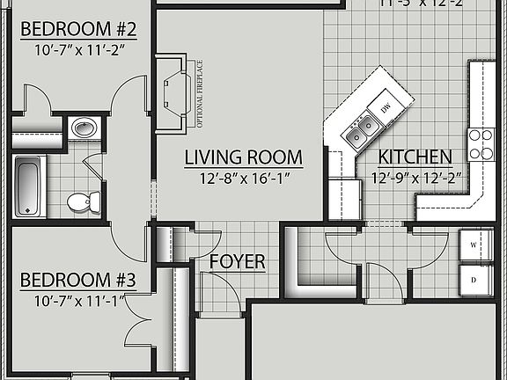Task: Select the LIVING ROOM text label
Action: tap(243, 158)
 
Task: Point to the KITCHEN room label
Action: tap(415, 158)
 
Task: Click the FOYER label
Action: tap(238, 262)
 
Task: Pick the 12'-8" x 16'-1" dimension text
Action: tap(243, 179)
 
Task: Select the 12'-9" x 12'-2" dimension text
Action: tap(415, 179)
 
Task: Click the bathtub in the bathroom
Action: tap(29, 186)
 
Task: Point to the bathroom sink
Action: tap(84, 128)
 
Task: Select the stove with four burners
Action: tap(481, 144)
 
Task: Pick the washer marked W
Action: tap(474, 244)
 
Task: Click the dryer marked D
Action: tap(474, 281)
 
